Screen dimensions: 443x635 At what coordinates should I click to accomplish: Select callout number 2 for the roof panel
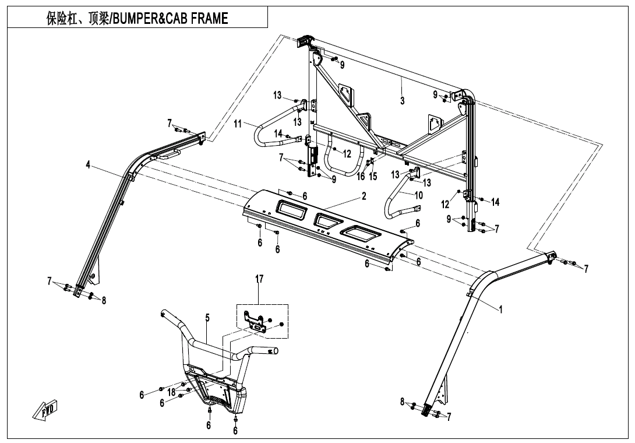(364, 196)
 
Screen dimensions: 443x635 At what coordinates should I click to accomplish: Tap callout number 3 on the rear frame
(402, 101)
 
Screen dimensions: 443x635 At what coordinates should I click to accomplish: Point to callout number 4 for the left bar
(88, 165)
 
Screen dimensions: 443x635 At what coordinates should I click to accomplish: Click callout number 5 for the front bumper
(207, 318)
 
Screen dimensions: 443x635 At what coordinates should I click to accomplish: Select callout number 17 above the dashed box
(259, 279)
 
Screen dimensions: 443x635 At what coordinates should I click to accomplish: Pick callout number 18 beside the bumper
(172, 393)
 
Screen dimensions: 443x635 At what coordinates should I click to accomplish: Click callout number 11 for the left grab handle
(238, 124)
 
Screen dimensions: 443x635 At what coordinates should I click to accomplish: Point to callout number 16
(361, 177)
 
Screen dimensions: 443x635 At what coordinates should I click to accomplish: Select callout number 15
(373, 177)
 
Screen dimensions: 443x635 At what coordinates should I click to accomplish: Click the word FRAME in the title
(207, 19)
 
